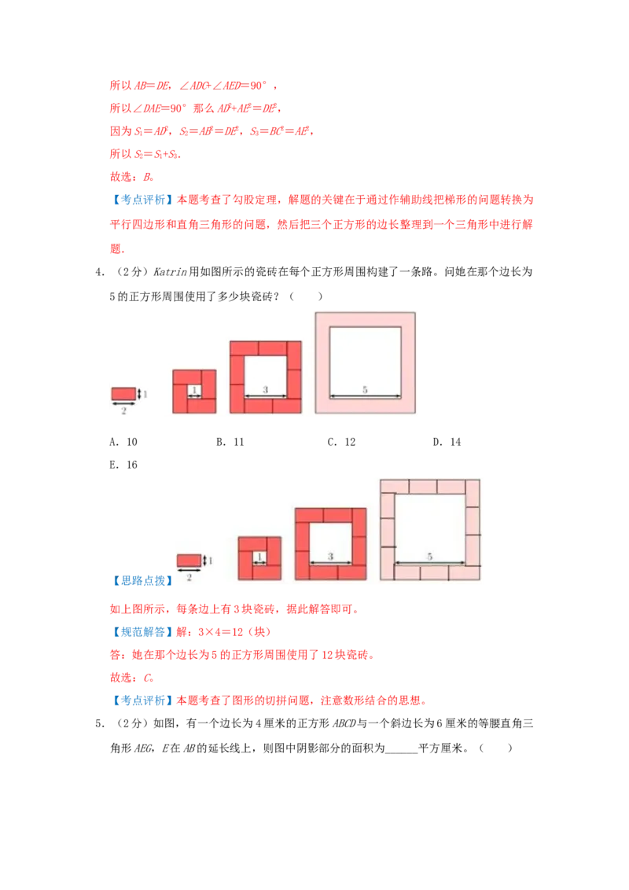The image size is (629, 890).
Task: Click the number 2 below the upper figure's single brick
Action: point(123,411)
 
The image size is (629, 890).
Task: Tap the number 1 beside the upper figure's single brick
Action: point(145,393)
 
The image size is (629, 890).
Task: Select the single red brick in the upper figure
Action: point(123,393)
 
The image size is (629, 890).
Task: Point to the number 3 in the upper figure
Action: point(265,389)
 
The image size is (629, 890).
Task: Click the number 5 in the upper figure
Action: point(365,389)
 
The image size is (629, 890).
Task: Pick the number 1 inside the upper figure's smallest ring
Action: point(194,389)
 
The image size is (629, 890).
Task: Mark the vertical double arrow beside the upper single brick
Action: point(139,393)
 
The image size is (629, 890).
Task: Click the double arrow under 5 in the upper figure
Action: point(365,397)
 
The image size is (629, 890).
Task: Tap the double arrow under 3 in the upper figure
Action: point(265,396)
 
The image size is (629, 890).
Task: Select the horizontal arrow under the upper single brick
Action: point(123,404)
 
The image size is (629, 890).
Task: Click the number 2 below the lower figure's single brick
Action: point(189,577)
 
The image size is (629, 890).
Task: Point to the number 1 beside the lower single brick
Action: point(211,561)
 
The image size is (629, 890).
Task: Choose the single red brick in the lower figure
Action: point(189,560)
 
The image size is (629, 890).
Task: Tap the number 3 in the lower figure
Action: point(330,556)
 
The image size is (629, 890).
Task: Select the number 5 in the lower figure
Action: point(430,556)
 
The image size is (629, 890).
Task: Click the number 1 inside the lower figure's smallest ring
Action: point(259,556)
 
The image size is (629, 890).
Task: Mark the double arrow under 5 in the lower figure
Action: point(430,563)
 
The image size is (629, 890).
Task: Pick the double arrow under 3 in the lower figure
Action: point(330,563)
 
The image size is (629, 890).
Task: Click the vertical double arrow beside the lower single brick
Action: point(204,561)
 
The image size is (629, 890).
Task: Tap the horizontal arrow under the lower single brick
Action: point(189,571)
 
